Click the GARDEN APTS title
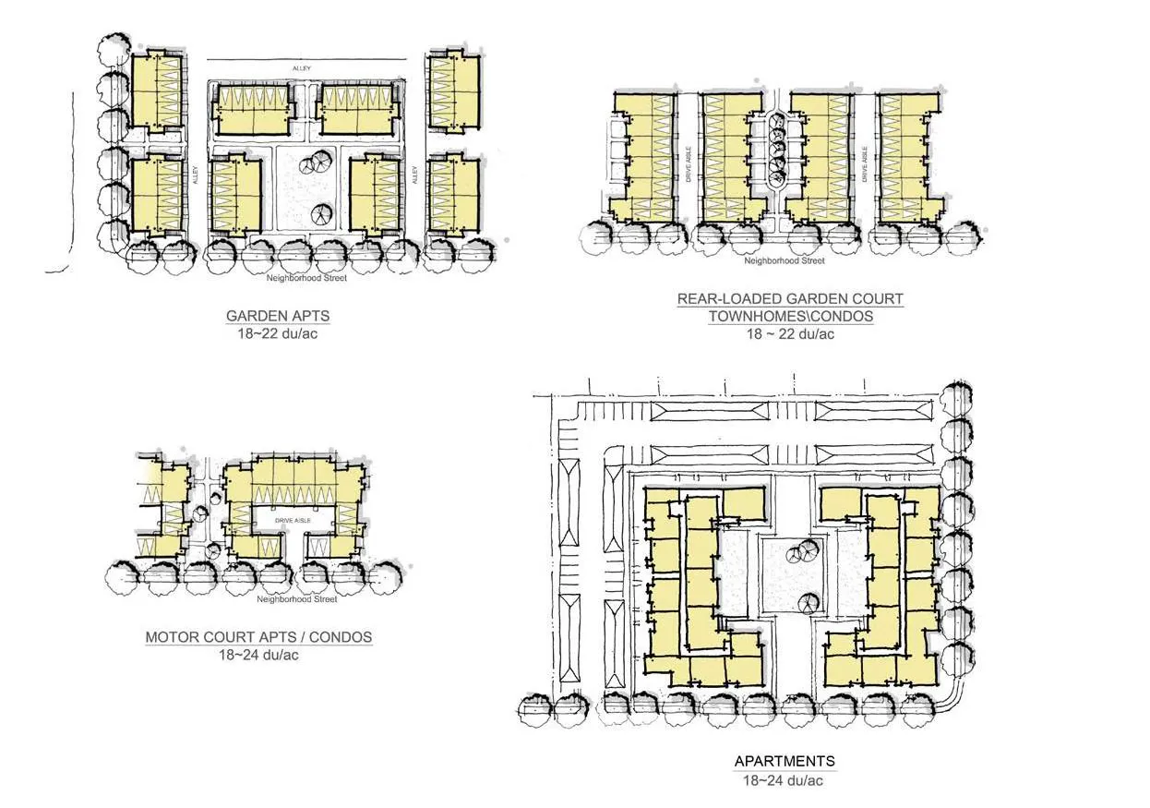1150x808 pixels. (278, 316)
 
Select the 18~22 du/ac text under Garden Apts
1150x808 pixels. (278, 332)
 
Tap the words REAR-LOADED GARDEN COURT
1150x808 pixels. (790, 299)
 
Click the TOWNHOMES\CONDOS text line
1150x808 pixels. (790, 316)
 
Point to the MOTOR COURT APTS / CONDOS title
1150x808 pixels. (258, 637)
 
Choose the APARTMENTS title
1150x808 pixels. (785, 762)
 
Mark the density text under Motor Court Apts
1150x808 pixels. (258, 655)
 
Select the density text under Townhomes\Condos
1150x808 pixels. (790, 333)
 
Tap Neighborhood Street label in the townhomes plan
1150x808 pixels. (785, 260)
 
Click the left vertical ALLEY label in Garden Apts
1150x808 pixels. (195, 173)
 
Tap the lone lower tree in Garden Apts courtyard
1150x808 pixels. (319, 213)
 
